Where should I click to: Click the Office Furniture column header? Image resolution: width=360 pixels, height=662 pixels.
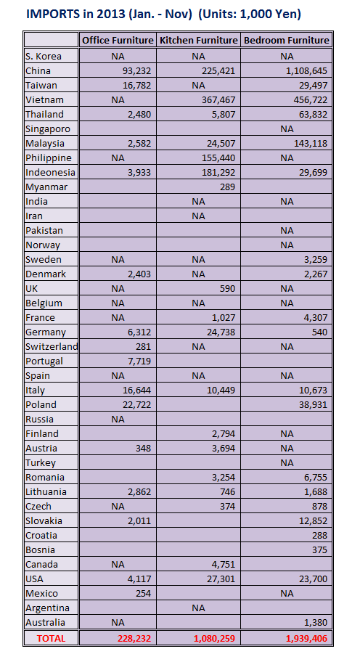tap(118, 41)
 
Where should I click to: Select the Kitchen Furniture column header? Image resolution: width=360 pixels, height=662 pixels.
tap(198, 41)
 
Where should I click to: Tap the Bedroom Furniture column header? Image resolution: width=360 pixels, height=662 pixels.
tap(287, 41)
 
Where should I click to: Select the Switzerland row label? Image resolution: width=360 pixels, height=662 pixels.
tap(52, 346)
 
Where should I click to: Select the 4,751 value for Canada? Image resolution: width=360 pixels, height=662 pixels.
tap(222, 564)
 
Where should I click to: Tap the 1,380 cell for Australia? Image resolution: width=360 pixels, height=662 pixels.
tap(314, 622)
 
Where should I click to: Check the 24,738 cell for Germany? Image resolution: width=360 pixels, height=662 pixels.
tap(217, 332)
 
